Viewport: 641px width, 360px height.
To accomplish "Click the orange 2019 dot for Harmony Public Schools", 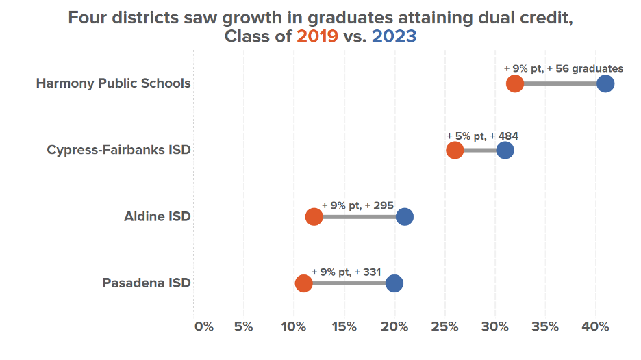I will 515,84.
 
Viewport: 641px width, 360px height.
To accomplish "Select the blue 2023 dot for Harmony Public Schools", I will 605,84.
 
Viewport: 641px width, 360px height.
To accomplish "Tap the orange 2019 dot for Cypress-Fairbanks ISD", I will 455,151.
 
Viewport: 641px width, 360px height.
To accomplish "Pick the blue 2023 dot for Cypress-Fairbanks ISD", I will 505,151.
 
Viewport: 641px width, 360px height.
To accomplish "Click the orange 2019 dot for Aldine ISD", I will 314,217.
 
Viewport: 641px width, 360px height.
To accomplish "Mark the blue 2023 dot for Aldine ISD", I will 405,217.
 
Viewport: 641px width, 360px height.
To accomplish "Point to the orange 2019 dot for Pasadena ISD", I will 303,283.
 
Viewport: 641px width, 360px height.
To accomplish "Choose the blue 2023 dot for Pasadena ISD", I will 394,283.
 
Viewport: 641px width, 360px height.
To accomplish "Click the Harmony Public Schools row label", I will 113,83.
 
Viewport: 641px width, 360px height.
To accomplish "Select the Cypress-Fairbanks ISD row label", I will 118,150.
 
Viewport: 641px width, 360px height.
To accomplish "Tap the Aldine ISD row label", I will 157,216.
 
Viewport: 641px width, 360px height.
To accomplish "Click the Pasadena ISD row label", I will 147,283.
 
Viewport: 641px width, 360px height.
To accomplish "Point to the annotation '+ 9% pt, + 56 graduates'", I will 563,68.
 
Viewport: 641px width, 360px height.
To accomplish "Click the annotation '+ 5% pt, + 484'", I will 482,136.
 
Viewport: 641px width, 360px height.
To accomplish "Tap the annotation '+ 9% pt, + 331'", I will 346,271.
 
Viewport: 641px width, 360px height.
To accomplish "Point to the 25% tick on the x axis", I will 444,326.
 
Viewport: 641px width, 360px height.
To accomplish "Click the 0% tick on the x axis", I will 203,326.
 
